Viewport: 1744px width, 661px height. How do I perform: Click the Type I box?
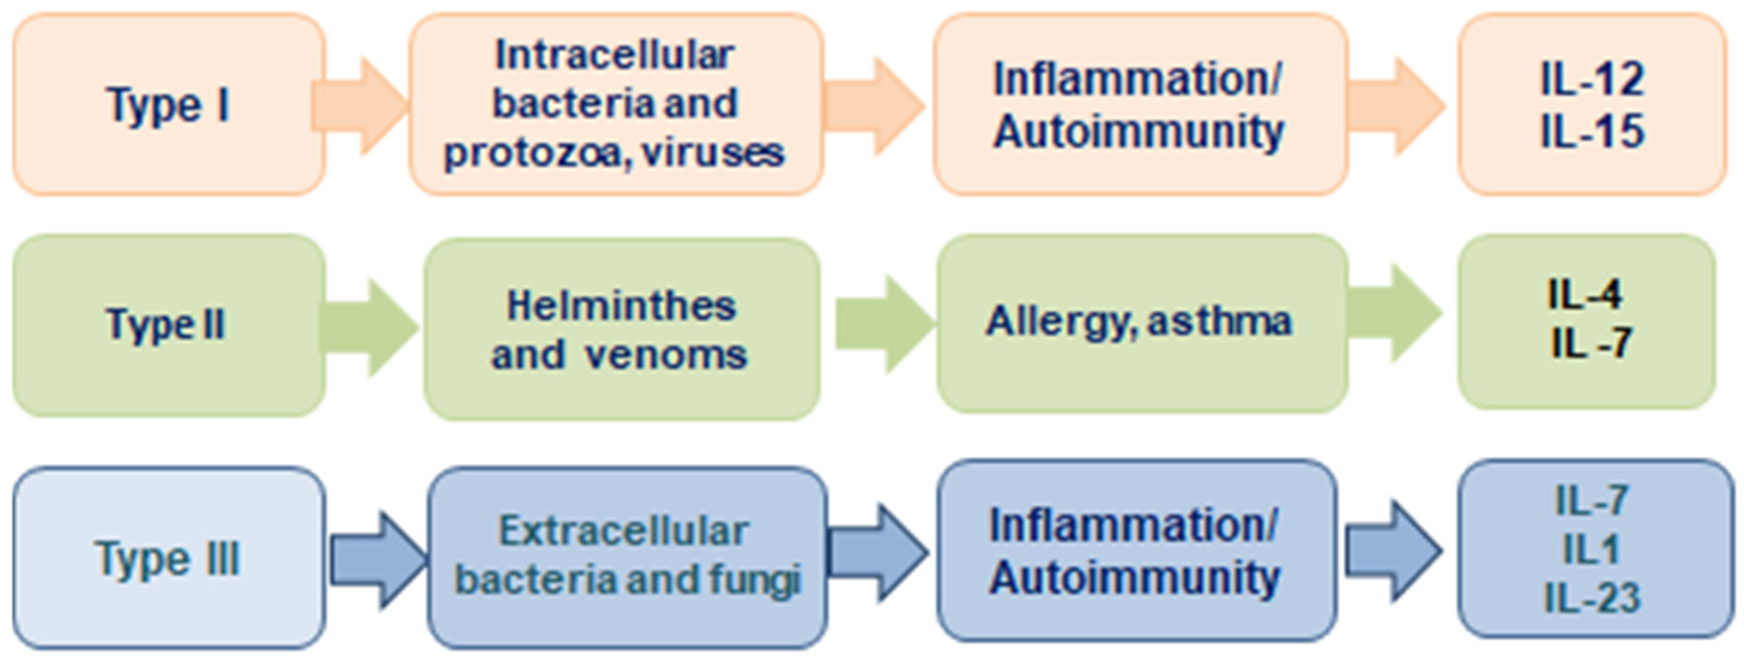(168, 104)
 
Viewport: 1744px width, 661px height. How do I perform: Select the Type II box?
(168, 325)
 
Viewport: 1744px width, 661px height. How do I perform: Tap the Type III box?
(168, 557)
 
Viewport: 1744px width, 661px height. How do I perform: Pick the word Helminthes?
(621, 305)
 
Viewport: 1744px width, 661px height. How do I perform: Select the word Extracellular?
(623, 531)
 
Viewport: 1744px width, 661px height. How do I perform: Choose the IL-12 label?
(1592, 80)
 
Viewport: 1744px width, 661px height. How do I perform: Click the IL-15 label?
(1592, 130)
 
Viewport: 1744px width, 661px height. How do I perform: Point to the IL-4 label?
(1584, 295)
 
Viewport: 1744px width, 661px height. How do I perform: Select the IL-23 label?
(1592, 598)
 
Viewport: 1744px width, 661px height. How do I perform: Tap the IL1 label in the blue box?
(1591, 549)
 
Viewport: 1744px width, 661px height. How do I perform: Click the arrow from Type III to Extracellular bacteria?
(379, 560)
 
